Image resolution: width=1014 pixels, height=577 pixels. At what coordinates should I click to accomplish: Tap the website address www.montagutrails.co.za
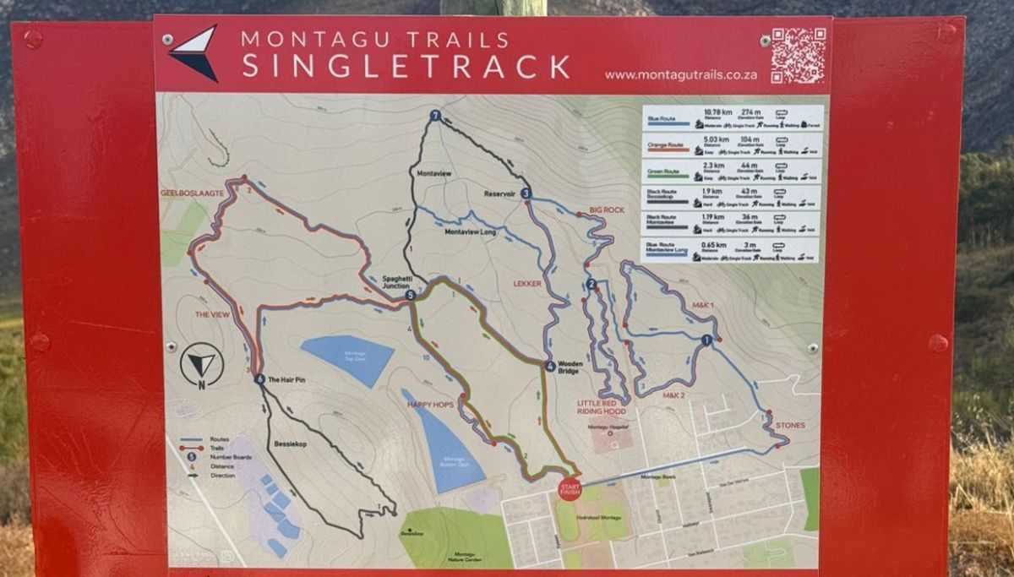[x=680, y=75]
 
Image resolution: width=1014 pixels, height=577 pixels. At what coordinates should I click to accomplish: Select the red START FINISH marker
[x=570, y=489]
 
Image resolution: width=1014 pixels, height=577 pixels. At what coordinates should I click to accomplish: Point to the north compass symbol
[x=202, y=366]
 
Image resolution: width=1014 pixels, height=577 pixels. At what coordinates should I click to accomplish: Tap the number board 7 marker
[x=435, y=116]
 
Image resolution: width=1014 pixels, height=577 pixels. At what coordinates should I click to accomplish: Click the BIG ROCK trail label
[x=607, y=210]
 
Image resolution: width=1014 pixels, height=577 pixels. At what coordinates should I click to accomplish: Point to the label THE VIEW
[x=212, y=314]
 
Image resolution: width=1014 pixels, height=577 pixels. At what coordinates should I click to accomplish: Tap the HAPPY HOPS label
[x=430, y=405]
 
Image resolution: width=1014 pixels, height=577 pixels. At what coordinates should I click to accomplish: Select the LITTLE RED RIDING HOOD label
[x=602, y=408]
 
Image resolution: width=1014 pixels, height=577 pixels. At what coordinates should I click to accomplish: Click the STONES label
[x=790, y=425]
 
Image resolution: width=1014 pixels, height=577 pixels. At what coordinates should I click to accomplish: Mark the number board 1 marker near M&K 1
[x=706, y=340]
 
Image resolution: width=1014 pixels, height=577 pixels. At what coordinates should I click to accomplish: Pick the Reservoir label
[x=499, y=193]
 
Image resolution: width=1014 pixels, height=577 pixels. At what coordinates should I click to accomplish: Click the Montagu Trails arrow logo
[x=194, y=52]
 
